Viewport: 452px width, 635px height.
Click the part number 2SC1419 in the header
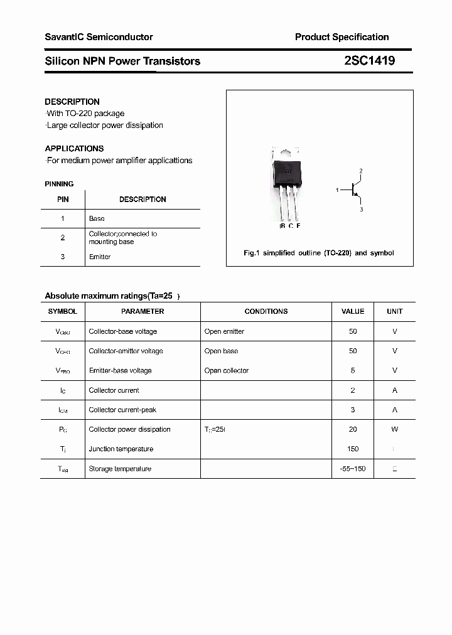369,61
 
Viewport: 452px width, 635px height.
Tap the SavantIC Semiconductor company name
99,37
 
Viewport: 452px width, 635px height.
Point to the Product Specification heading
342,37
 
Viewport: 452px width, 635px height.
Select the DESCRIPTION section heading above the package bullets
72,102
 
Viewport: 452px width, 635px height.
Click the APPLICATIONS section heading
74,149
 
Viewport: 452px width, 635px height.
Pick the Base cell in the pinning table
97,218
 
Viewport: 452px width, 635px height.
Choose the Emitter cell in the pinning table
100,257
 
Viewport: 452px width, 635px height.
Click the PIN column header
63,200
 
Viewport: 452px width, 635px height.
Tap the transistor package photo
286,182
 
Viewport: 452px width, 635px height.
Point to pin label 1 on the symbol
337,189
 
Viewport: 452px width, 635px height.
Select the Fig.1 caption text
318,253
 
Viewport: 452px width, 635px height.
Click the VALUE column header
353,311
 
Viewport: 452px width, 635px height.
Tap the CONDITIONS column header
266,311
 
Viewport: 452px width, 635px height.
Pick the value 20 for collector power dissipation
353,429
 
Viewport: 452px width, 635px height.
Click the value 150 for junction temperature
353,449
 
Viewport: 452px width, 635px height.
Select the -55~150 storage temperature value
353,469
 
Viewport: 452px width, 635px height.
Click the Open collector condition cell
227,370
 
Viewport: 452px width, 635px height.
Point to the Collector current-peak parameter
123,410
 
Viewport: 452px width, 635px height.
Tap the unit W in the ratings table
395,429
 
